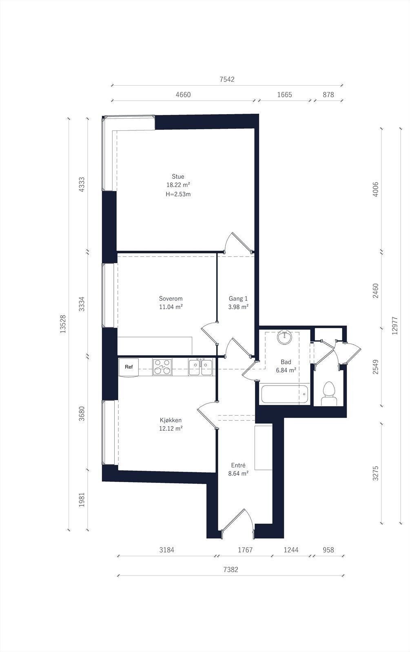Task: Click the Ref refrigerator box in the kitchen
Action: coord(129,367)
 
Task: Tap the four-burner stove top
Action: coord(162,367)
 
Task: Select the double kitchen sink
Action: coord(200,367)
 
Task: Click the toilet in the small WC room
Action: coord(329,394)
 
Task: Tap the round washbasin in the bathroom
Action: coord(285,338)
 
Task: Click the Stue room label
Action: coord(178,176)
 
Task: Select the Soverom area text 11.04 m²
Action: coord(171,307)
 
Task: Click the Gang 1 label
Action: coord(238,298)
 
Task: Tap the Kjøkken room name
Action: coord(171,420)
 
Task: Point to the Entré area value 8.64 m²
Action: coord(238,474)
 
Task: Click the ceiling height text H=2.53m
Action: coord(178,194)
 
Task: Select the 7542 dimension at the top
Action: coord(227,79)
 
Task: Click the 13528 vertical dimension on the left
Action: coord(63,324)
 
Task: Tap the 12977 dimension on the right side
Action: coord(394,326)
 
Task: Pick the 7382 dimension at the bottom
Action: coord(231,569)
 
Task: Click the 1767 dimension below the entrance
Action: coord(245,550)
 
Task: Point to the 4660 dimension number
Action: coord(183,95)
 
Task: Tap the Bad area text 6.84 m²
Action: coord(286,370)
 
